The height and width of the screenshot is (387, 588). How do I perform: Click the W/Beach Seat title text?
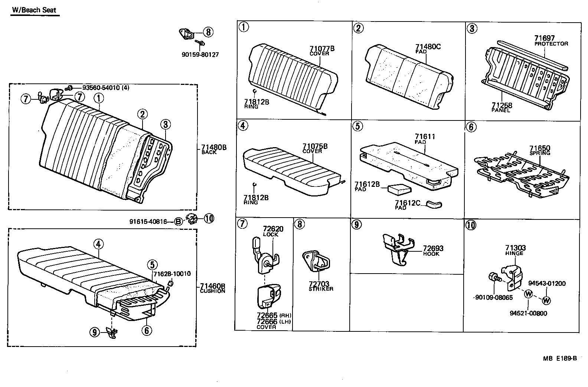34,10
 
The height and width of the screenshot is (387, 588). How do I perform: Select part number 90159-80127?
200,54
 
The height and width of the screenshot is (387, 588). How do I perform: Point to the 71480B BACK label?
213,149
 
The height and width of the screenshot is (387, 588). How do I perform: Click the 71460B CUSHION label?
212,288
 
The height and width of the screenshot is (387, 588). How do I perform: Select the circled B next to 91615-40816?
179,222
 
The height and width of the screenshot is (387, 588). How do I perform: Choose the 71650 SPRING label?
540,150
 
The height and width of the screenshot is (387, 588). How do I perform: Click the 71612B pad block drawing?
399,189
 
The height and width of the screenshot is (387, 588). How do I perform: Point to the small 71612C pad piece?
434,204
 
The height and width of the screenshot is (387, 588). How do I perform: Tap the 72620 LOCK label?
273,231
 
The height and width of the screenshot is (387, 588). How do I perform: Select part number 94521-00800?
528,313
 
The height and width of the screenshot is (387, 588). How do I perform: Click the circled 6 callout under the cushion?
147,330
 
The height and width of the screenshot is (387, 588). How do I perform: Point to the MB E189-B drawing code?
560,358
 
